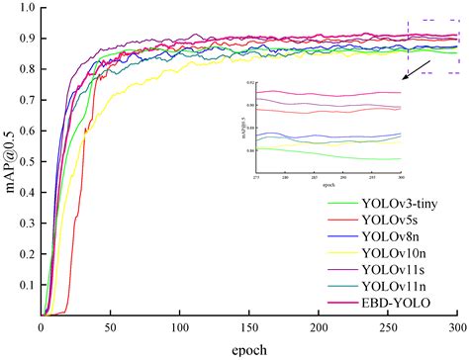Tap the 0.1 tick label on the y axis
25,285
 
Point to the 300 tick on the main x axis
457,327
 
